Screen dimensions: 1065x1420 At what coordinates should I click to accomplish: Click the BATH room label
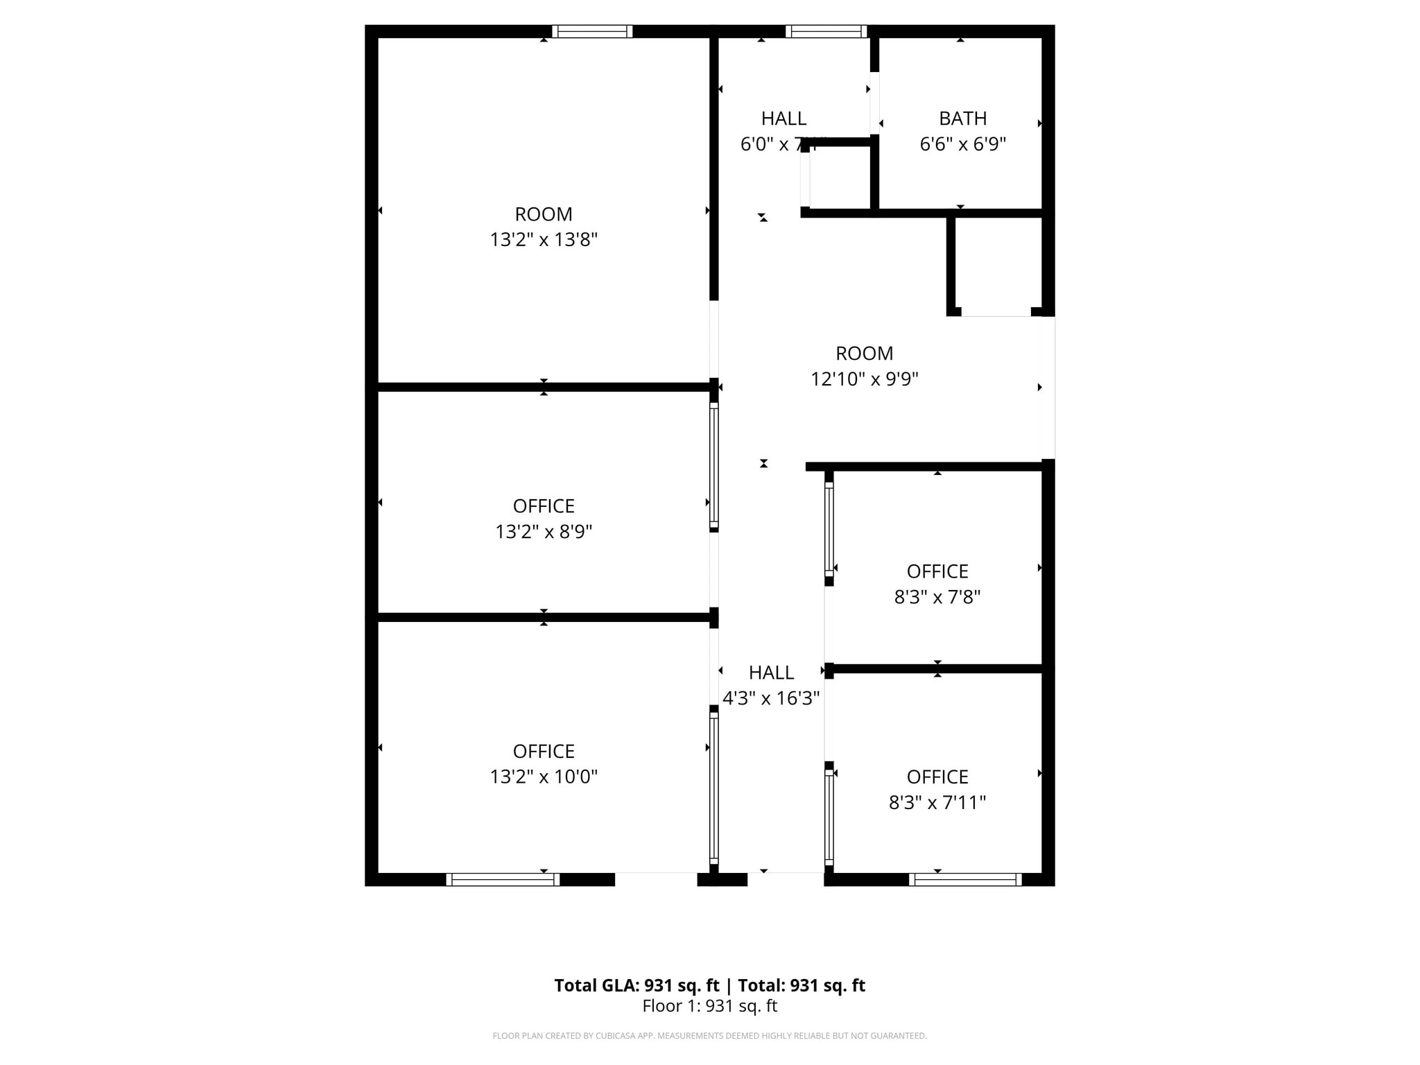pyautogui.click(x=962, y=119)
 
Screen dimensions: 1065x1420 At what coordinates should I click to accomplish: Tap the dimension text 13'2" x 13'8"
pyautogui.click(x=544, y=240)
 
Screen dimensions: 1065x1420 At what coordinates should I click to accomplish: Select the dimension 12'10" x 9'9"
pyautogui.click(x=865, y=379)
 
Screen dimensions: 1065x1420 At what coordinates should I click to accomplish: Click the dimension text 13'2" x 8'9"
pyautogui.click(x=544, y=532)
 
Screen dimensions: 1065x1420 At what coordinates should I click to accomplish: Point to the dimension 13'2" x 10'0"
pyautogui.click(x=544, y=777)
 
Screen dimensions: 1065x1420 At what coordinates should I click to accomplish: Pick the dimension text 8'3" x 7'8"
pyautogui.click(x=937, y=597)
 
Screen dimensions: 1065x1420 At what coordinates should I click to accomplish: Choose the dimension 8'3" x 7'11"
pyautogui.click(x=937, y=802)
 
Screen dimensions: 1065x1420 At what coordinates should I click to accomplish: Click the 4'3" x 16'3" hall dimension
pyautogui.click(x=771, y=698)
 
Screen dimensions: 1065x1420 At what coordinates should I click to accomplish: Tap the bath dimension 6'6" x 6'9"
pyautogui.click(x=962, y=144)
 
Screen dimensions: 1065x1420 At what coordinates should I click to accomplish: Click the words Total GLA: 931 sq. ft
pyautogui.click(x=637, y=985)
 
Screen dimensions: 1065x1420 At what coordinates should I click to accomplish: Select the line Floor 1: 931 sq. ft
pyautogui.click(x=709, y=1006)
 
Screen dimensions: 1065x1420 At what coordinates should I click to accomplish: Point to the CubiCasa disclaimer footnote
pyautogui.click(x=709, y=1036)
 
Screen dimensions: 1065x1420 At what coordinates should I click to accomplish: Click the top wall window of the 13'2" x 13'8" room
pyautogui.click(x=592, y=31)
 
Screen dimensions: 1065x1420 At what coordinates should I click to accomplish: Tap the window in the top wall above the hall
pyautogui.click(x=826, y=31)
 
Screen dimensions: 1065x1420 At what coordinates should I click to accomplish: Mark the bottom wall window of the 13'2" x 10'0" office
pyautogui.click(x=503, y=879)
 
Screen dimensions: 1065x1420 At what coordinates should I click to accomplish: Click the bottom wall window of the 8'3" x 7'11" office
pyautogui.click(x=965, y=879)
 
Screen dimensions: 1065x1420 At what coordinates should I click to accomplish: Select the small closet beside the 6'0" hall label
pyautogui.click(x=839, y=177)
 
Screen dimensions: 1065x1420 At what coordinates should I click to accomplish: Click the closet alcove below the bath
pyautogui.click(x=996, y=263)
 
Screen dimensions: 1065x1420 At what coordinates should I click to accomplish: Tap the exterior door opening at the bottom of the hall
pyautogui.click(x=786, y=879)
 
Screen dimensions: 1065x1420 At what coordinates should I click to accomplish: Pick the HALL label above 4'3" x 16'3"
pyautogui.click(x=771, y=673)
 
